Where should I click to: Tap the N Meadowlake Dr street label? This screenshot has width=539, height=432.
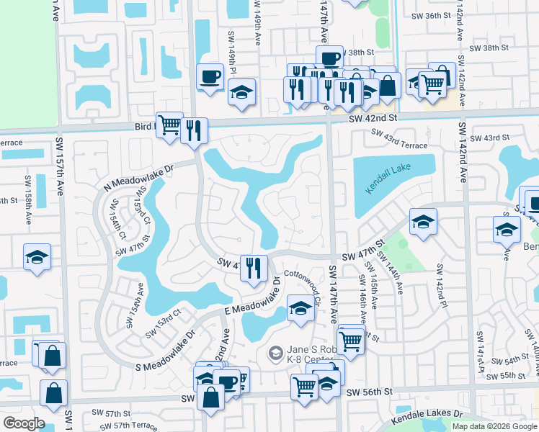coord(141,177)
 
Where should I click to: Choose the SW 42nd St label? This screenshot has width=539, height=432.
coord(373,118)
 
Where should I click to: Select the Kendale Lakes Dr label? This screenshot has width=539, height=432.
coord(427,417)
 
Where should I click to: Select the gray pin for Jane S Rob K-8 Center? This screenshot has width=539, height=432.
coord(275,353)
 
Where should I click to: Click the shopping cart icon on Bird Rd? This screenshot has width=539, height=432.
coord(169,124)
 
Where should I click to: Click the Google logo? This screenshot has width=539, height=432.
coord(24,423)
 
